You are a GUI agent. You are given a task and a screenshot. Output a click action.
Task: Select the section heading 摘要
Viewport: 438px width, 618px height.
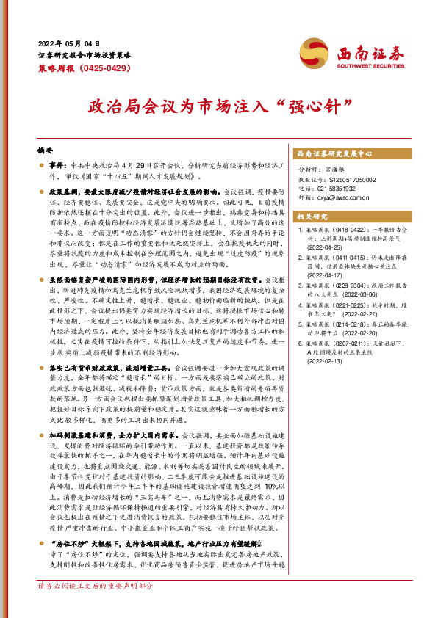[x=46, y=149]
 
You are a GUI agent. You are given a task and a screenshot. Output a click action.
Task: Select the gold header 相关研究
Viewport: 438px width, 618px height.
[x=310, y=217]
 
